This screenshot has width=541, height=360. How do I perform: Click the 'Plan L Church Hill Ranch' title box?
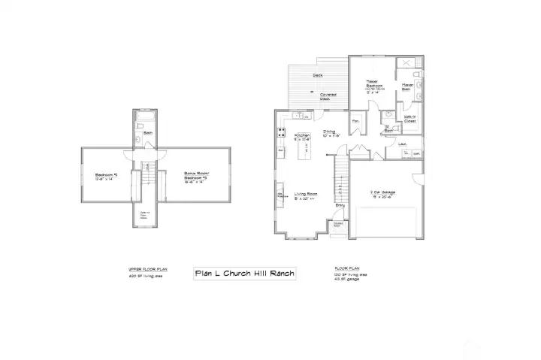click(x=245, y=274)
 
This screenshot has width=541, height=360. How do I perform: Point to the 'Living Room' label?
click(x=307, y=194)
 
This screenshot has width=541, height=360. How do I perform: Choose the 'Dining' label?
click(x=328, y=132)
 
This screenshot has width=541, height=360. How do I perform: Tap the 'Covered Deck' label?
click(x=328, y=96)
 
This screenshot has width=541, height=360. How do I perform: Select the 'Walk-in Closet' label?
click(x=411, y=119)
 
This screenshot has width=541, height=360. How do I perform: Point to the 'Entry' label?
click(x=340, y=205)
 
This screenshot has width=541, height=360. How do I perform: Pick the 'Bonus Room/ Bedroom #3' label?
click(x=195, y=175)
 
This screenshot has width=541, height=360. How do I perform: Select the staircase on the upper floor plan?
click(x=147, y=178)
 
